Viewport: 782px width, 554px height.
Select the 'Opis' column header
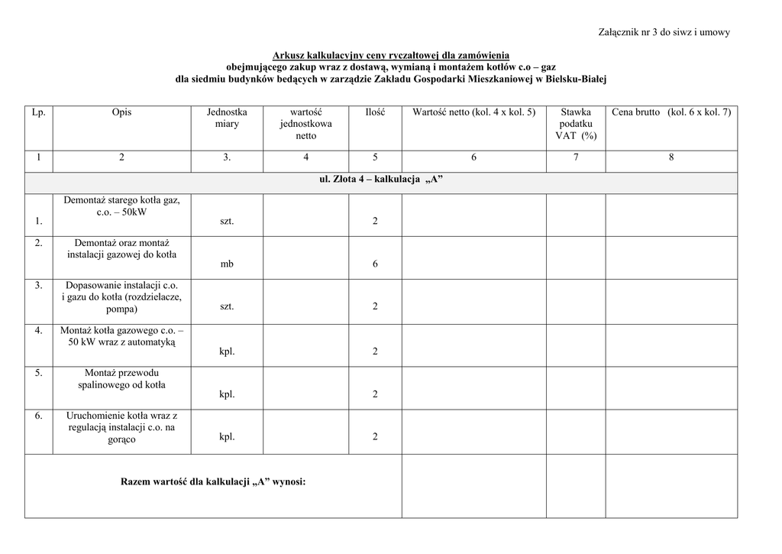coord(121,112)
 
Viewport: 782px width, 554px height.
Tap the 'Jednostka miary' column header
coord(227,118)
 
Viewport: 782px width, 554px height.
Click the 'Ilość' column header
coord(375,112)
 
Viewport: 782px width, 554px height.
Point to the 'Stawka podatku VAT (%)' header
coord(576,124)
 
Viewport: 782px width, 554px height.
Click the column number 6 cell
coord(473,157)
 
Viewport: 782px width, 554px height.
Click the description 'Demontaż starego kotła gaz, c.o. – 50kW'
coord(121,206)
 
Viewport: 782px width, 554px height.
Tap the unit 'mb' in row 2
coord(227,264)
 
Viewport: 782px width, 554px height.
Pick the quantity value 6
coord(375,264)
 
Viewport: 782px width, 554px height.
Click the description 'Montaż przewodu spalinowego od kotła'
coord(121,379)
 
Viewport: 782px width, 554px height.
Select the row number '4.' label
coord(38,330)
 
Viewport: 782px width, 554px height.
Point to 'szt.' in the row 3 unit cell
coord(227,306)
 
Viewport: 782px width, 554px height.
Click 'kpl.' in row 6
coord(227,436)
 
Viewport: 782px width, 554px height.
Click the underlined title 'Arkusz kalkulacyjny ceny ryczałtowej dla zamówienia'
coord(391,54)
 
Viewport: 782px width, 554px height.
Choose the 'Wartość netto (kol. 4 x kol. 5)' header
coord(473,112)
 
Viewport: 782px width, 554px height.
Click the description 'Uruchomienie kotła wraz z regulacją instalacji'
coord(121,427)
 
